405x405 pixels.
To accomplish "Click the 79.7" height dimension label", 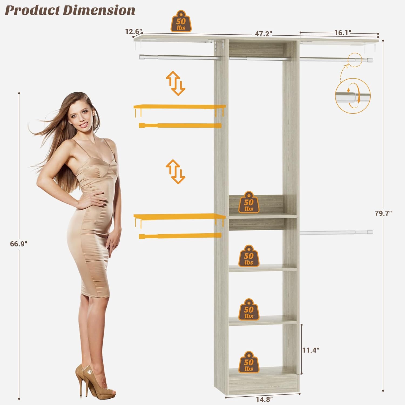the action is (x=383, y=213).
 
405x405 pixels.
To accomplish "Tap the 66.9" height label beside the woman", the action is (x=19, y=244).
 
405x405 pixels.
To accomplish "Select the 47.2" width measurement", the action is (x=264, y=33).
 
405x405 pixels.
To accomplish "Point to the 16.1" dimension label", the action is (x=343, y=33).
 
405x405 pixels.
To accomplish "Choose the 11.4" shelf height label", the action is (x=311, y=350).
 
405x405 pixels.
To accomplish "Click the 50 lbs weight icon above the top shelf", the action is (x=181, y=21).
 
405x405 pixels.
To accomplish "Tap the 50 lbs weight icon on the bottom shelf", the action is (x=249, y=362).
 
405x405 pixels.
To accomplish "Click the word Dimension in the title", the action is (x=99, y=11).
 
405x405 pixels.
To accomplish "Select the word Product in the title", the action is (x=33, y=11).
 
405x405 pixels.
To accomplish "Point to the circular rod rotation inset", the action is (x=353, y=96).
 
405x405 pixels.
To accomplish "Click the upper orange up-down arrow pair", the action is (x=175, y=83).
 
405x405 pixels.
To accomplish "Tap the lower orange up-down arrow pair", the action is (x=175, y=172).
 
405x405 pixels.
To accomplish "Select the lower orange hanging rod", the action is (x=180, y=236).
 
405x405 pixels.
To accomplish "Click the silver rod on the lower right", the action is (x=336, y=232).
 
